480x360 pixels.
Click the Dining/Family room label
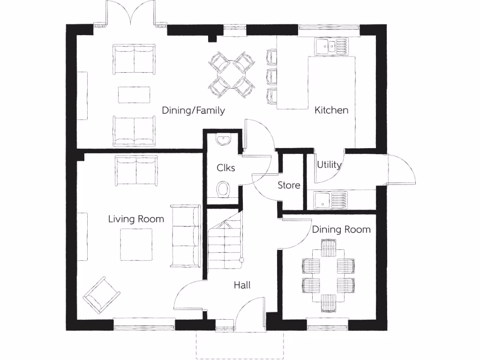[x=193, y=111]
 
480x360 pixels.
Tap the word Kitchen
[x=331, y=110]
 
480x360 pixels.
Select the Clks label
[x=225, y=167]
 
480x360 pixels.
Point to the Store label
[x=289, y=185]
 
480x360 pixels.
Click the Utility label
[x=329, y=165]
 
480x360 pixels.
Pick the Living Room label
[x=136, y=219]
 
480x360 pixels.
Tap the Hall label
[x=242, y=285]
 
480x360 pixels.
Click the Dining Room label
[x=341, y=230]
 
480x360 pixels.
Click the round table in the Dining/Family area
[x=232, y=75]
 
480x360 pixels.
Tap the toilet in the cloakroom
[x=224, y=190]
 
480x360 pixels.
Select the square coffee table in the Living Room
[x=136, y=244]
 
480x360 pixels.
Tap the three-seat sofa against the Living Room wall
[x=186, y=235]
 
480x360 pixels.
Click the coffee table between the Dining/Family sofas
[x=135, y=95]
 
